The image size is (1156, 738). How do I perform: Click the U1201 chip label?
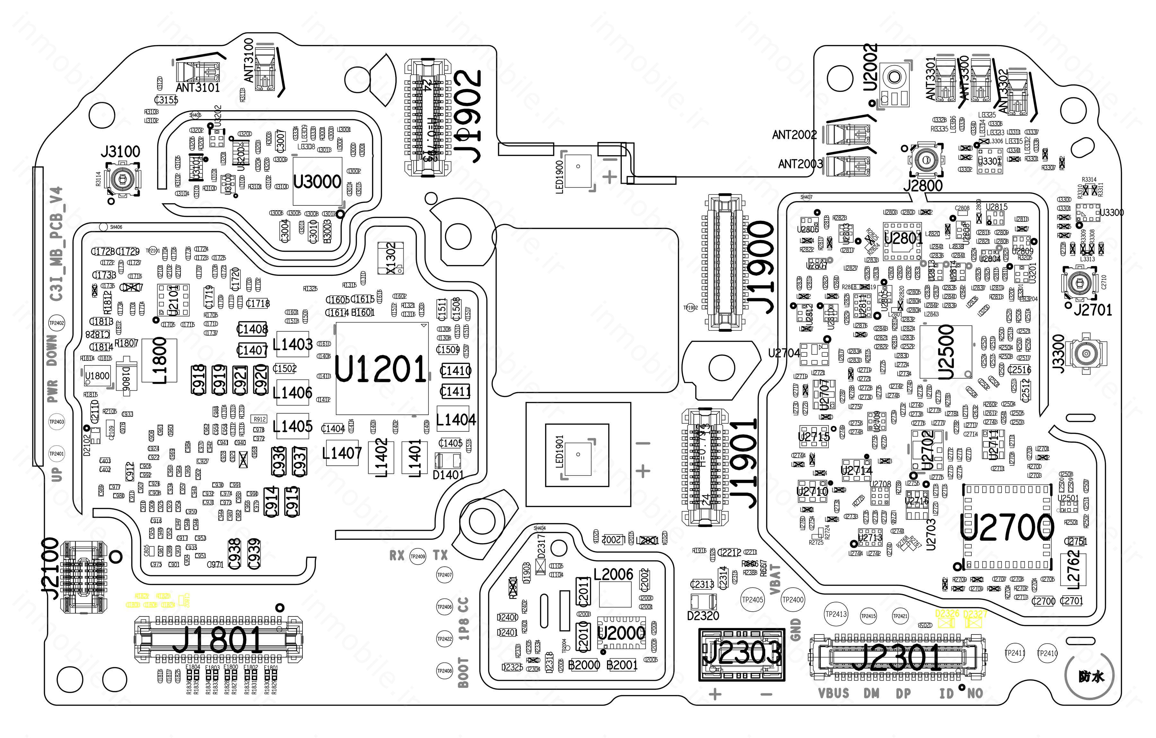tap(380, 369)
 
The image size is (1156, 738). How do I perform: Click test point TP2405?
tap(752, 600)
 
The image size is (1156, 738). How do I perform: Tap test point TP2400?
tap(793, 600)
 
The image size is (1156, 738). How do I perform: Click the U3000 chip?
tap(317, 182)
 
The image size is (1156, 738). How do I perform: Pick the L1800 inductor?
tap(159, 360)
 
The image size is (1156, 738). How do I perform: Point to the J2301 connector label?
tap(896, 658)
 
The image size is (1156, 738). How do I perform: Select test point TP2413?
tap(836, 614)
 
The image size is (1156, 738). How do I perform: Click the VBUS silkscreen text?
tap(833, 693)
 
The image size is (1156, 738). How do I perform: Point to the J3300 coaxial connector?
tap(1086, 354)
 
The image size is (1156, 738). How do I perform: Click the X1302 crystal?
tap(391, 258)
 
